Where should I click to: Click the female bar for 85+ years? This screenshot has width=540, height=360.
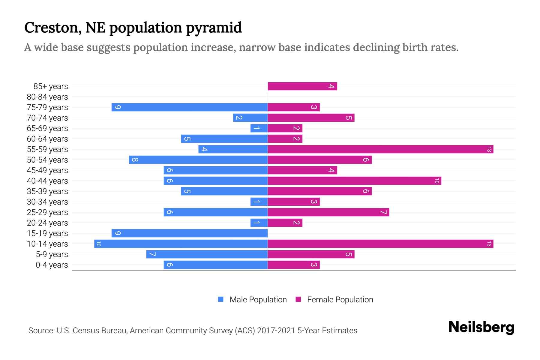pos(302,86)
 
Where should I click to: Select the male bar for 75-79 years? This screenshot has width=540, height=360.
pos(189,107)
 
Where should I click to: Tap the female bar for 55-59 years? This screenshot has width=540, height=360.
pos(380,149)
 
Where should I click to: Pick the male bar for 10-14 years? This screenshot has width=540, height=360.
pos(181,244)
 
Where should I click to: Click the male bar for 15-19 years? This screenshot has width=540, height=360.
pos(189,233)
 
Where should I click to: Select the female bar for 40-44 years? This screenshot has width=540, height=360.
pos(354,181)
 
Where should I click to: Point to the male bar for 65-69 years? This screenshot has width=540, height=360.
pos(259,128)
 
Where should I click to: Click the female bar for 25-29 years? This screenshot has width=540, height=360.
pos(328,212)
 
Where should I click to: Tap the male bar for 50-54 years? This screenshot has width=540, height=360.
pos(198,160)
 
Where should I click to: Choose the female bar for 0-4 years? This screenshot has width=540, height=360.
pos(293,265)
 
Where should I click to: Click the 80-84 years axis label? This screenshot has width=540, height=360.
pos(47,97)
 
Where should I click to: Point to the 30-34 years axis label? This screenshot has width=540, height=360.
pos(47,202)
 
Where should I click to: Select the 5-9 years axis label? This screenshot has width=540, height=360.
pos(52,254)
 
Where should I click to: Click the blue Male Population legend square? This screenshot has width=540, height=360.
pos(221,299)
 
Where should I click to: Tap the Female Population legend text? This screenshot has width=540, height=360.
pos(340,300)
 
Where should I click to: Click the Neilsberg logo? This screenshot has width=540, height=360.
pos(481,327)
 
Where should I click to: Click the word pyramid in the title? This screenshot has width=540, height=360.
pos(214,28)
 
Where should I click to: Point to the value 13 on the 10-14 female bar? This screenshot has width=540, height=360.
pos(489,244)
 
